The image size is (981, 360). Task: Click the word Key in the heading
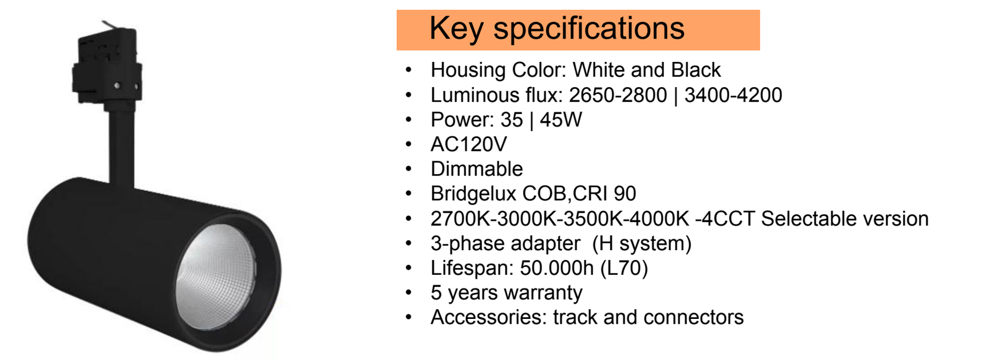[x=456, y=29]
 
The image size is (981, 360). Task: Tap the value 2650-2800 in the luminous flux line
[x=617, y=95]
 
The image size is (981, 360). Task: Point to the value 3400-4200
[x=733, y=95]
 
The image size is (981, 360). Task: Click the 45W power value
[x=560, y=120]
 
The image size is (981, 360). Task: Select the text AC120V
[x=468, y=145]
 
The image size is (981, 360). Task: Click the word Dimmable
[x=476, y=169]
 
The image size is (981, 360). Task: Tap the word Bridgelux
[x=473, y=194]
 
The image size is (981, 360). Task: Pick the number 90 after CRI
[x=625, y=194]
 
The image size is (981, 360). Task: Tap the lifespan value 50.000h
[x=557, y=268]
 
